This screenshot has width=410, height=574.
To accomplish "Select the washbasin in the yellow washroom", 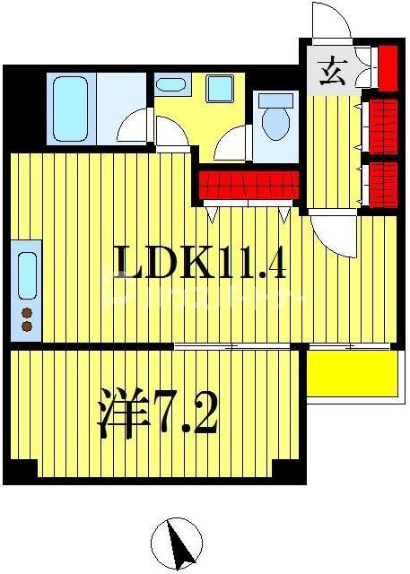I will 170,86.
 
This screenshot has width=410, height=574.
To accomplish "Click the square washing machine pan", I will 218,89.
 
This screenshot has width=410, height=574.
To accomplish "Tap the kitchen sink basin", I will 28,274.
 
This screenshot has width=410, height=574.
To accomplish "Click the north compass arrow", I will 176,544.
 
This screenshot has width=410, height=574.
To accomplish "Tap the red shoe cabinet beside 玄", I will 387,65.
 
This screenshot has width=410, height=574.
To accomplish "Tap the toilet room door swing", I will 234,143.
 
